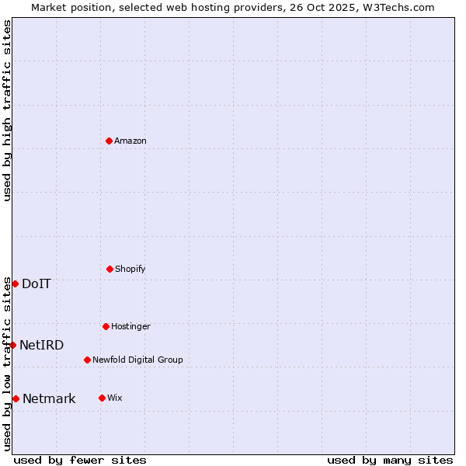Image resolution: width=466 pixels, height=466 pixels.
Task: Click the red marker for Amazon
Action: pyautogui.click(x=110, y=141)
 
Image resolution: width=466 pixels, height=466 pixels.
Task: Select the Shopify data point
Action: pyautogui.click(x=110, y=269)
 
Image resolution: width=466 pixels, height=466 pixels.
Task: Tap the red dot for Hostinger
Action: pyautogui.click(x=106, y=326)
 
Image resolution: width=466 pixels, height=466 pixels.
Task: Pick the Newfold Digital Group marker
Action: pyautogui.click(x=87, y=360)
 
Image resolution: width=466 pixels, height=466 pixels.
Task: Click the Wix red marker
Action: pyautogui.click(x=102, y=398)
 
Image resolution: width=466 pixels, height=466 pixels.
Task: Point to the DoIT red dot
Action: pyautogui.click(x=15, y=283)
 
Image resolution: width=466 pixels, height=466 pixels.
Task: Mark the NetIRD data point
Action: pyautogui.click(x=12, y=345)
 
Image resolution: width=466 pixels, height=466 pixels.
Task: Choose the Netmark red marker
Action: pyautogui.click(x=16, y=398)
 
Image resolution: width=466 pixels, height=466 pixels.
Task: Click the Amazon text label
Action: pyautogui.click(x=130, y=141)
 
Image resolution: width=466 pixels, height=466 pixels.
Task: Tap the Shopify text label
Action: pyautogui.click(x=130, y=269)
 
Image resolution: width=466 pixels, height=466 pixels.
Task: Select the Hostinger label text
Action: pyautogui.click(x=130, y=326)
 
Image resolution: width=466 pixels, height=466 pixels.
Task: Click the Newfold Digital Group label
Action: pyautogui.click(x=137, y=360)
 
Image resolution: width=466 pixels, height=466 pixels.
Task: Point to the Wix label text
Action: pyautogui.click(x=115, y=398)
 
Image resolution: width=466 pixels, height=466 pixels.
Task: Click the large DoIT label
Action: pyautogui.click(x=37, y=283)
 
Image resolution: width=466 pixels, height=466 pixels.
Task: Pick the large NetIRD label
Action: pyautogui.click(x=42, y=345)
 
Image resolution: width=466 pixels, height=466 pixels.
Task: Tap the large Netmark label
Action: pyautogui.click(x=49, y=398)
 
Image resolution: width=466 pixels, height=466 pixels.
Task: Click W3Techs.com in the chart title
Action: pyautogui.click(x=399, y=7)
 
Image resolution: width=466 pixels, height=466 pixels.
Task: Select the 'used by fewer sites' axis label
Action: pyautogui.click(x=80, y=460)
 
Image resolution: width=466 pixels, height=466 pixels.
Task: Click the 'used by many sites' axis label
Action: pyautogui.click(x=390, y=460)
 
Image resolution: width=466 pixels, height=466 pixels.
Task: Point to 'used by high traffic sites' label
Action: pyautogui.click(x=7, y=110)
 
